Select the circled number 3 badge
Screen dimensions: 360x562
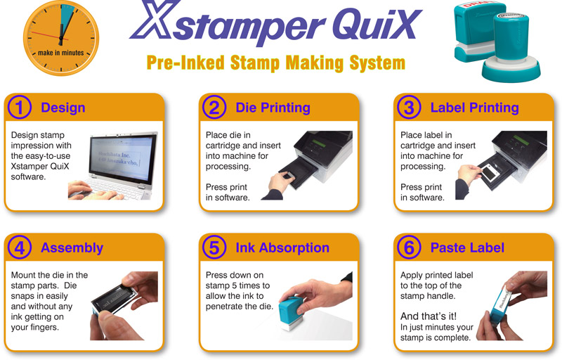tap(410, 108)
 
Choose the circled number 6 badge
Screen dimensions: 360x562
tap(410, 247)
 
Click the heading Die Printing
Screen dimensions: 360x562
tap(273, 108)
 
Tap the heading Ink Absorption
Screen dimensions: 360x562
tap(282, 247)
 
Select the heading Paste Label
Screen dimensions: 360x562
tap(467, 247)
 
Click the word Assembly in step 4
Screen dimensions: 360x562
tap(72, 247)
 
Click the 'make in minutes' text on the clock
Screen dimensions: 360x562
tap(61, 53)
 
